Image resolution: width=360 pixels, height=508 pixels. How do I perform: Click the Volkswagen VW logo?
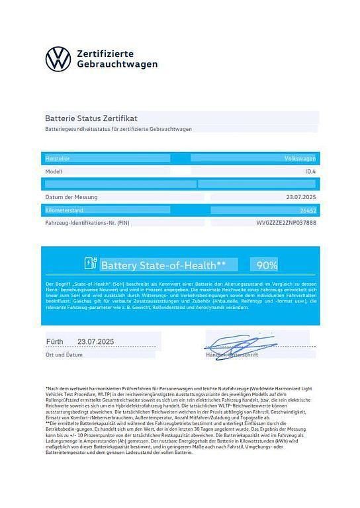click(x=58, y=58)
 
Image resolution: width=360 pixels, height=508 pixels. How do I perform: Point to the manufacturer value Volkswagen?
click(x=300, y=159)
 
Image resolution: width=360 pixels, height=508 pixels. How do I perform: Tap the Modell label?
click(x=54, y=171)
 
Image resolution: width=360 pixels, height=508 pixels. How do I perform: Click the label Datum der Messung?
click(x=71, y=197)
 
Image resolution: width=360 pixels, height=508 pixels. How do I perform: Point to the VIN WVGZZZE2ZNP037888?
click(x=286, y=223)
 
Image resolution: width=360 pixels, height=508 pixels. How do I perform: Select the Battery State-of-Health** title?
click(x=163, y=265)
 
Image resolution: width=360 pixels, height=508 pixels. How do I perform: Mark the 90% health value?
click(x=267, y=265)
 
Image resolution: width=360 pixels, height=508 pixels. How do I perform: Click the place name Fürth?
click(x=54, y=341)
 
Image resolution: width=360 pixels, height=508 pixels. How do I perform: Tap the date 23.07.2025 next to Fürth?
click(x=96, y=341)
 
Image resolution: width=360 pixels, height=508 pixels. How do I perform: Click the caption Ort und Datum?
click(x=64, y=355)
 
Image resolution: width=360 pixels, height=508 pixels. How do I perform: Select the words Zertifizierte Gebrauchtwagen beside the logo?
click(x=117, y=58)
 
